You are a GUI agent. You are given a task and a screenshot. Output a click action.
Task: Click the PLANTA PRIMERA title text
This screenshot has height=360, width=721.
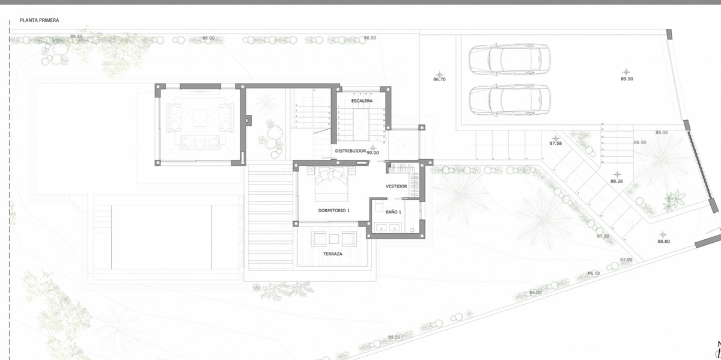click(x=40, y=20)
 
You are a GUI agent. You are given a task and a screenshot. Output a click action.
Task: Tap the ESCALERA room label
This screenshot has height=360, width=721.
click(x=362, y=101)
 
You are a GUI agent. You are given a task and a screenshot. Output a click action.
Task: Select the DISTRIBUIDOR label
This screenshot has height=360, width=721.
click(x=350, y=151)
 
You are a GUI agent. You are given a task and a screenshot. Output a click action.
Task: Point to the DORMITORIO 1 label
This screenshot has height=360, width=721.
click(x=333, y=210)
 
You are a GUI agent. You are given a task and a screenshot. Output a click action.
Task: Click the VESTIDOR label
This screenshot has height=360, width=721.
click(x=397, y=186)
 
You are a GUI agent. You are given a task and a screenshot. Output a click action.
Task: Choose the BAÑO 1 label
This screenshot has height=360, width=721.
click(x=393, y=212)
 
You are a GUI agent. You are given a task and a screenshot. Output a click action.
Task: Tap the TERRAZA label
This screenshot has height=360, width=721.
click(x=332, y=254)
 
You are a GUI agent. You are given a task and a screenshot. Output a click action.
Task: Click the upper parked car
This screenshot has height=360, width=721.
click(x=509, y=59)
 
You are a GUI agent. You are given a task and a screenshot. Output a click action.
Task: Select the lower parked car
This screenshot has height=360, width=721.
click(x=509, y=100)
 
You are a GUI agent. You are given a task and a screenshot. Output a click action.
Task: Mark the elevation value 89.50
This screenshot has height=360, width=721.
click(x=627, y=79)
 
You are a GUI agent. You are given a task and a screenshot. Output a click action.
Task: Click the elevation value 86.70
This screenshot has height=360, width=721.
click(x=439, y=79)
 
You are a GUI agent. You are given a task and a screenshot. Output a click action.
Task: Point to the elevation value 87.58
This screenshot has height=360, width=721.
click(x=556, y=144)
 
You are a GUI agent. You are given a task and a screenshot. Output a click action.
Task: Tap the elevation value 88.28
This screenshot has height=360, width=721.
click(x=616, y=181)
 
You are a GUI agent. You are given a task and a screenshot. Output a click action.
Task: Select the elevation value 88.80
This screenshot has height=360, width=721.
click(x=663, y=241)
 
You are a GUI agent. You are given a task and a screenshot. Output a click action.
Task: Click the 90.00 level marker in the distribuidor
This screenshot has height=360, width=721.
click(x=373, y=153)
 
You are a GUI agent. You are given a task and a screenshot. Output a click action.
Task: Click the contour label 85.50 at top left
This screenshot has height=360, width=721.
click(x=76, y=37)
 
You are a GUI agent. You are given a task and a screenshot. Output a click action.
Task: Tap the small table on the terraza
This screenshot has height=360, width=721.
click(x=333, y=239)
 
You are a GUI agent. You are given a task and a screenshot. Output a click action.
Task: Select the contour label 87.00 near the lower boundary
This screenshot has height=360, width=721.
click(x=626, y=260)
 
